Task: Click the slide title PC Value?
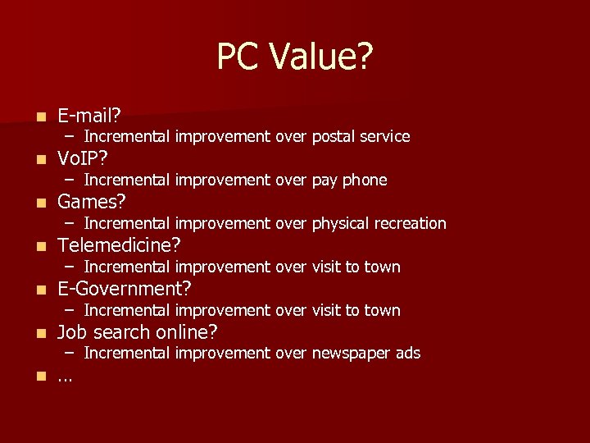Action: pyautogui.click(x=294, y=57)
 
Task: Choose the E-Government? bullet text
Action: pyautogui.click(x=125, y=289)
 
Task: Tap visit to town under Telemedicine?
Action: pyautogui.click(x=356, y=267)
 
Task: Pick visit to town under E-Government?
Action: pyautogui.click(x=356, y=310)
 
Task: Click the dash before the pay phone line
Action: pyautogui.click(x=72, y=180)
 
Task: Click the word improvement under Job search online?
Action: pyautogui.click(x=223, y=354)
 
